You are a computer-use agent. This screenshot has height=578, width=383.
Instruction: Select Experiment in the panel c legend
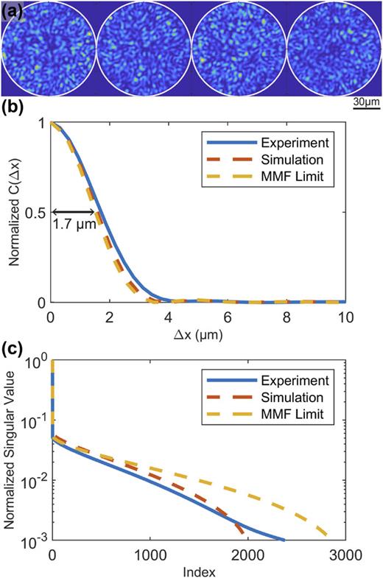tap(301, 381)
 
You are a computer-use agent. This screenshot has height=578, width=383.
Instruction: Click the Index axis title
tap(198, 571)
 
